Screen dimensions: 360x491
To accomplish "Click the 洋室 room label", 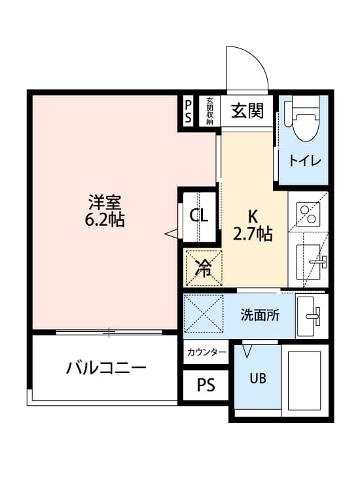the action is pyautogui.click(x=105, y=202).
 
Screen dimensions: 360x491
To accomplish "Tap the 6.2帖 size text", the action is pyautogui.click(x=105, y=219).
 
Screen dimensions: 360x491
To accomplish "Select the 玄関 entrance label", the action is pyautogui.click(x=247, y=111).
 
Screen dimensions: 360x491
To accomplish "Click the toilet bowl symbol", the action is pyautogui.click(x=302, y=120).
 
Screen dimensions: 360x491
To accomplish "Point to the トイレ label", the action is pyautogui.click(x=304, y=161).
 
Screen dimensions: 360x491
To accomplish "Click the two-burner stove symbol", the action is pyautogui.click(x=308, y=214).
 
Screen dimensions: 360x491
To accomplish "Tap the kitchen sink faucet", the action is pyautogui.click(x=319, y=261).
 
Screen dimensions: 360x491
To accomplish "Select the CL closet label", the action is pyautogui.click(x=199, y=215).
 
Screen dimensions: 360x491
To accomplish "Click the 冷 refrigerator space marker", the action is pyautogui.click(x=204, y=268).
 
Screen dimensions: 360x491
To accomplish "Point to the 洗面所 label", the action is pyautogui.click(x=260, y=315).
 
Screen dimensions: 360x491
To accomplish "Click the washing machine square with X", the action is pyautogui.click(x=204, y=313).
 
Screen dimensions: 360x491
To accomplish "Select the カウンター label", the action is pyautogui.click(x=206, y=353).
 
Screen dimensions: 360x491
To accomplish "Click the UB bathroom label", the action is pyautogui.click(x=258, y=378).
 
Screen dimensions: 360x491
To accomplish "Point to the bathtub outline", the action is pyautogui.click(x=304, y=381).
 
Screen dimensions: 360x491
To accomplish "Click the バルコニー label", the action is pyautogui.click(x=106, y=367).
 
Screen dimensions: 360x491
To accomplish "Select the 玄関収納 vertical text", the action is pyautogui.click(x=209, y=111).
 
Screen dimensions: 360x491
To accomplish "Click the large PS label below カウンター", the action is pyautogui.click(x=206, y=385).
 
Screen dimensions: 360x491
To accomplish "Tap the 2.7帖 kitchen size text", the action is pyautogui.click(x=252, y=234).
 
